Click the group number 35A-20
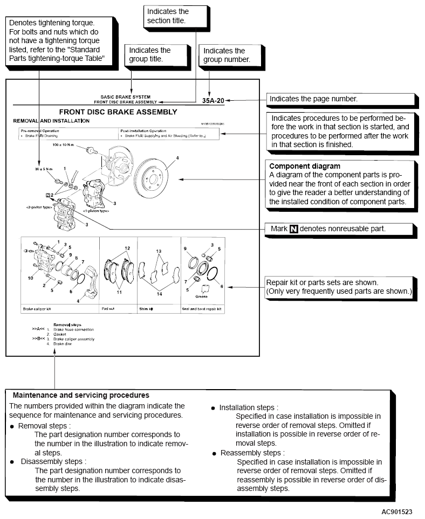pyautogui.click(x=212, y=100)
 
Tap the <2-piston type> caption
pyautogui.click(x=38, y=206)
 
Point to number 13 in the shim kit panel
pyautogui.click(x=159, y=251)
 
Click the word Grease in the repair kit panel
pyautogui.click(x=202, y=296)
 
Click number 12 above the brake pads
pyautogui.click(x=127, y=248)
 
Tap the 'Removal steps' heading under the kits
pyautogui.click(x=67, y=324)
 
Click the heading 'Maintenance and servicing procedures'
pyautogui.click(x=81, y=395)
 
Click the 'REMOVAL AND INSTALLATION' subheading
pyautogui.click(x=51, y=121)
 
